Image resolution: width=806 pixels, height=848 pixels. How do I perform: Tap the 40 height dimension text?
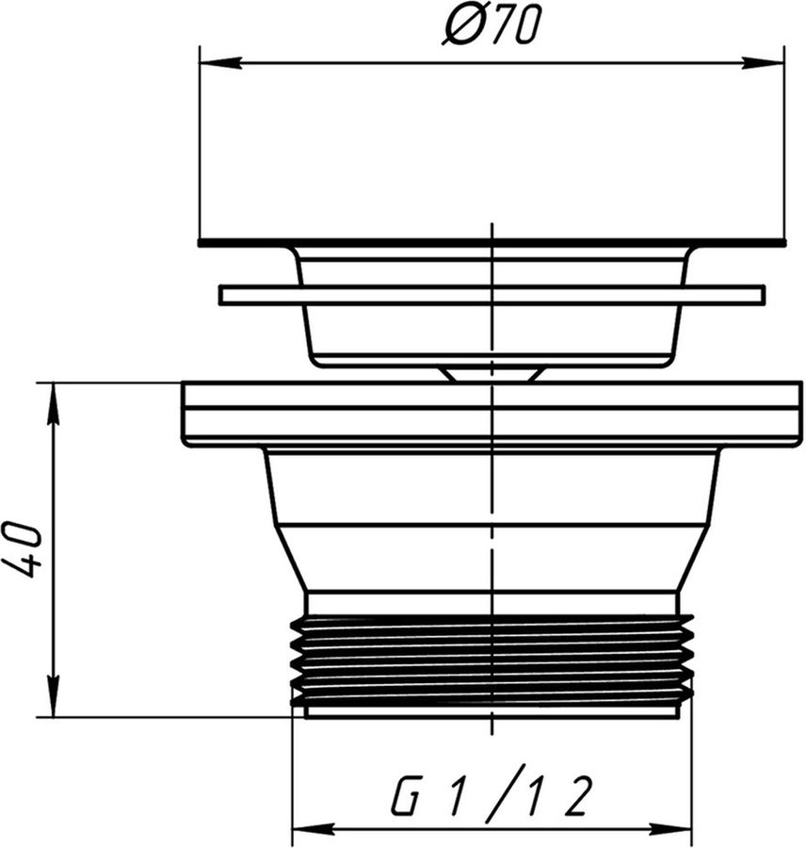[22, 549]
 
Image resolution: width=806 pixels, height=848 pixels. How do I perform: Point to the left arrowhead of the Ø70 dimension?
[219, 63]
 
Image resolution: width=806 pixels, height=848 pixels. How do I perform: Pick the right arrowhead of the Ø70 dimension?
[764, 63]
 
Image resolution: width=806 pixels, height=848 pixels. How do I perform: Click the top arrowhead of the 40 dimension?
[54, 402]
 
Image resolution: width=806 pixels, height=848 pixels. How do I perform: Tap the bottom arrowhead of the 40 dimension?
[54, 697]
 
